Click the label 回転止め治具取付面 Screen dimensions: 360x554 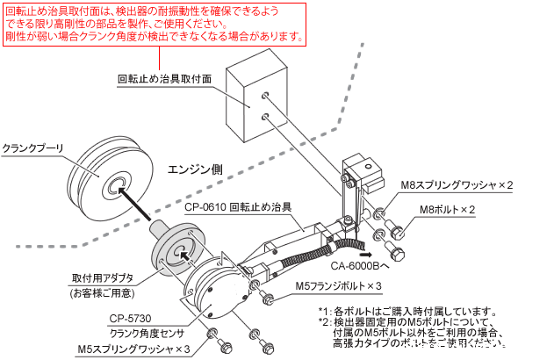[164, 78]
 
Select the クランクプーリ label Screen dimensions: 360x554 [32, 148]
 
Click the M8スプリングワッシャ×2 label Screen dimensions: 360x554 [457, 185]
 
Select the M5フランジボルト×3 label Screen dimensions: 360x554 [338, 286]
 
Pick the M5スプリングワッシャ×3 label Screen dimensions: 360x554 [133, 349]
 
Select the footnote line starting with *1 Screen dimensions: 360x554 [408, 311]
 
